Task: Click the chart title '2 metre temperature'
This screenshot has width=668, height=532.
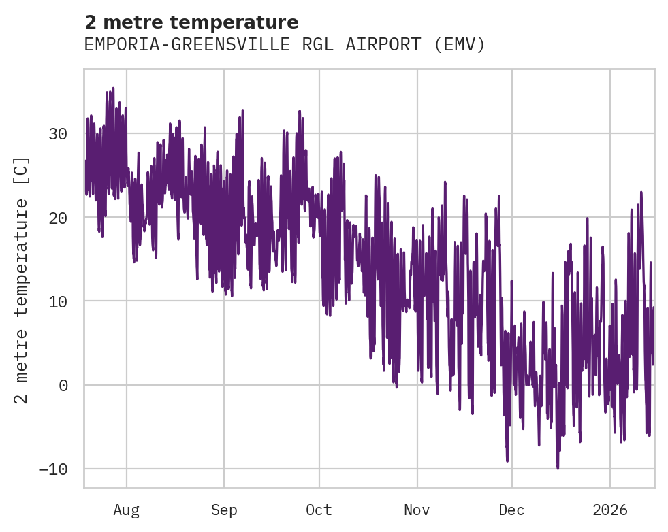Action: pyautogui.click(x=191, y=22)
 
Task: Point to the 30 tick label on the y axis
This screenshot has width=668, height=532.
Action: pyautogui.click(x=58, y=134)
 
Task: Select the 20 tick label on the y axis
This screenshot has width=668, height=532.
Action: pyautogui.click(x=58, y=218)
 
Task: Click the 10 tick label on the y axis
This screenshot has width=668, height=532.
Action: pyautogui.click(x=58, y=301)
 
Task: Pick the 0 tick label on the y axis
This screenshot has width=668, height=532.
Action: pyautogui.click(x=63, y=385)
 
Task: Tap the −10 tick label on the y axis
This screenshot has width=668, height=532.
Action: pyautogui.click(x=53, y=469)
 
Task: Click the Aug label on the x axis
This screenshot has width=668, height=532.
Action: pyautogui.click(x=127, y=510)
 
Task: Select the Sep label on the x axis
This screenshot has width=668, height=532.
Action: pyautogui.click(x=223, y=510)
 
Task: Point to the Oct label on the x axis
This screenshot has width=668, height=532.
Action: pyautogui.click(x=319, y=510)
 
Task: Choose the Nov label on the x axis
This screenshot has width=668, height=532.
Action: pyautogui.click(x=417, y=510)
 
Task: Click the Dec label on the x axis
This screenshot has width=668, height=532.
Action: pyautogui.click(x=511, y=510)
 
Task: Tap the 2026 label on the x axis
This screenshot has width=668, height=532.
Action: pyautogui.click(x=610, y=510)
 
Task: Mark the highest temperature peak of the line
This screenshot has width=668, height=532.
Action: pyautogui.click(x=113, y=88)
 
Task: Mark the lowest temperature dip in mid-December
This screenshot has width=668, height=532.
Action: pyautogui.click(x=558, y=468)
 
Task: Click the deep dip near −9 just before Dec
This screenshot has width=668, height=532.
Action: pyautogui.click(x=507, y=461)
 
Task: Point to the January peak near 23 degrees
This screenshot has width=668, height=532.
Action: pyautogui.click(x=641, y=193)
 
